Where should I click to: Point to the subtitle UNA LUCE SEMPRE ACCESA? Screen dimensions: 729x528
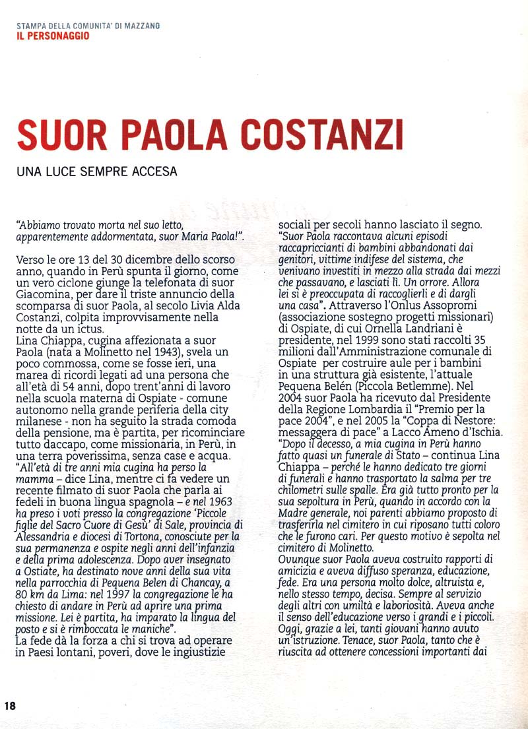pos(97,172)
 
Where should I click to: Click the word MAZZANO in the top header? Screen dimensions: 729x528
pos(141,26)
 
